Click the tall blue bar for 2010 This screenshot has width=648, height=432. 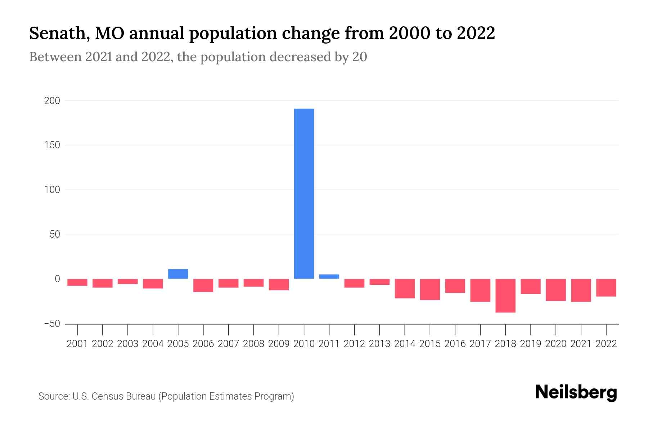point(304,193)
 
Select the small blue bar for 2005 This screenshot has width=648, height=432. point(178,274)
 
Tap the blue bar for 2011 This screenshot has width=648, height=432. point(329,276)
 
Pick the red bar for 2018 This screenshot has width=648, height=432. point(505,296)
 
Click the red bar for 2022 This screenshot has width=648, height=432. point(606,288)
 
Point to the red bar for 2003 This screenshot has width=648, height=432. point(128,282)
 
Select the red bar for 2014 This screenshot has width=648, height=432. point(405,288)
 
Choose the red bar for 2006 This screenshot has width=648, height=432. point(203,285)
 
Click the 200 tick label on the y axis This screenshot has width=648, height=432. point(52,101)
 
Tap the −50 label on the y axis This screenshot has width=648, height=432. point(52,324)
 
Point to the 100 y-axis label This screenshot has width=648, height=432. point(52,190)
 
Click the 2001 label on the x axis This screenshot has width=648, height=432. point(77,344)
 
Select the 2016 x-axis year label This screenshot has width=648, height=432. point(455,344)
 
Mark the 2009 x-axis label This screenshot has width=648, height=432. point(279,344)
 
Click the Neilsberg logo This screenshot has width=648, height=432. point(576,393)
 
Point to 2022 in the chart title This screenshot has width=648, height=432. point(476,33)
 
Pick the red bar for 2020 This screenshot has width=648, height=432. point(556,290)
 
